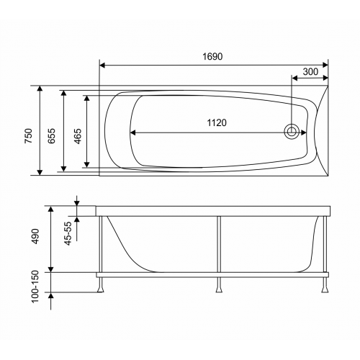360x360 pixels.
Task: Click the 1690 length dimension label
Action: tap(212, 56)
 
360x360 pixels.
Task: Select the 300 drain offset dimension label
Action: tap(310, 71)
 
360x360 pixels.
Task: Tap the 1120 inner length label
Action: tap(217, 122)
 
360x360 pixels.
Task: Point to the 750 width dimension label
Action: tap(29, 136)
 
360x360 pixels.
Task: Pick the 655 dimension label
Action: tap(51, 136)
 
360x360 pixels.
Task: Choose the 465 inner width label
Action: tap(78, 136)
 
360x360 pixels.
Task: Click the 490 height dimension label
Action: tap(35, 236)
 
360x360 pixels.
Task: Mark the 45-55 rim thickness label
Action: tap(68, 233)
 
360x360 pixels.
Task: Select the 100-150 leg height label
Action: tap(35, 287)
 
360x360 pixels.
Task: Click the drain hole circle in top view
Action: tap(292, 132)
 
